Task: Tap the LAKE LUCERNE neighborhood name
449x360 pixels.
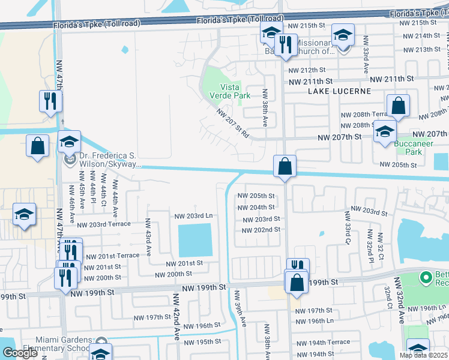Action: [339, 91]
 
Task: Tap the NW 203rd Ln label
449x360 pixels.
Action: [193, 215]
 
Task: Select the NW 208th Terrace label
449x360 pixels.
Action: [366, 115]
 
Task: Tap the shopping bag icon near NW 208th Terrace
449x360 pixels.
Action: [398, 107]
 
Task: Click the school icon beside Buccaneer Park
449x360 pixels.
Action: [384, 132]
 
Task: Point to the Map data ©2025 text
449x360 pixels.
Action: [422, 355]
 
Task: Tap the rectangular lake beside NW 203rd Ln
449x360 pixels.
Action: [195, 240]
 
